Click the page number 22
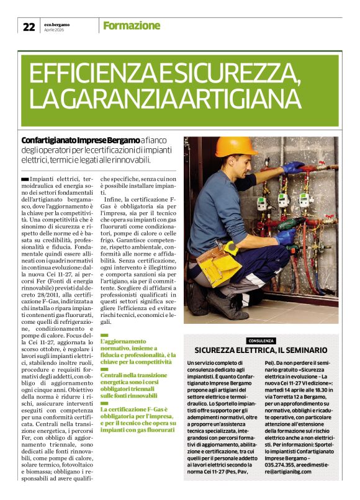(x=29, y=26)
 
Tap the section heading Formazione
(x=131, y=25)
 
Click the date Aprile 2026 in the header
(x=55, y=29)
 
